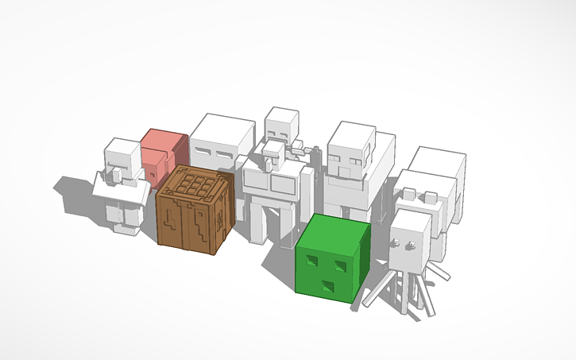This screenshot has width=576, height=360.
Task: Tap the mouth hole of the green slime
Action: click(x=327, y=285)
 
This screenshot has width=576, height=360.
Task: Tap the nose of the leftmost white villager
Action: click(x=112, y=169)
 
